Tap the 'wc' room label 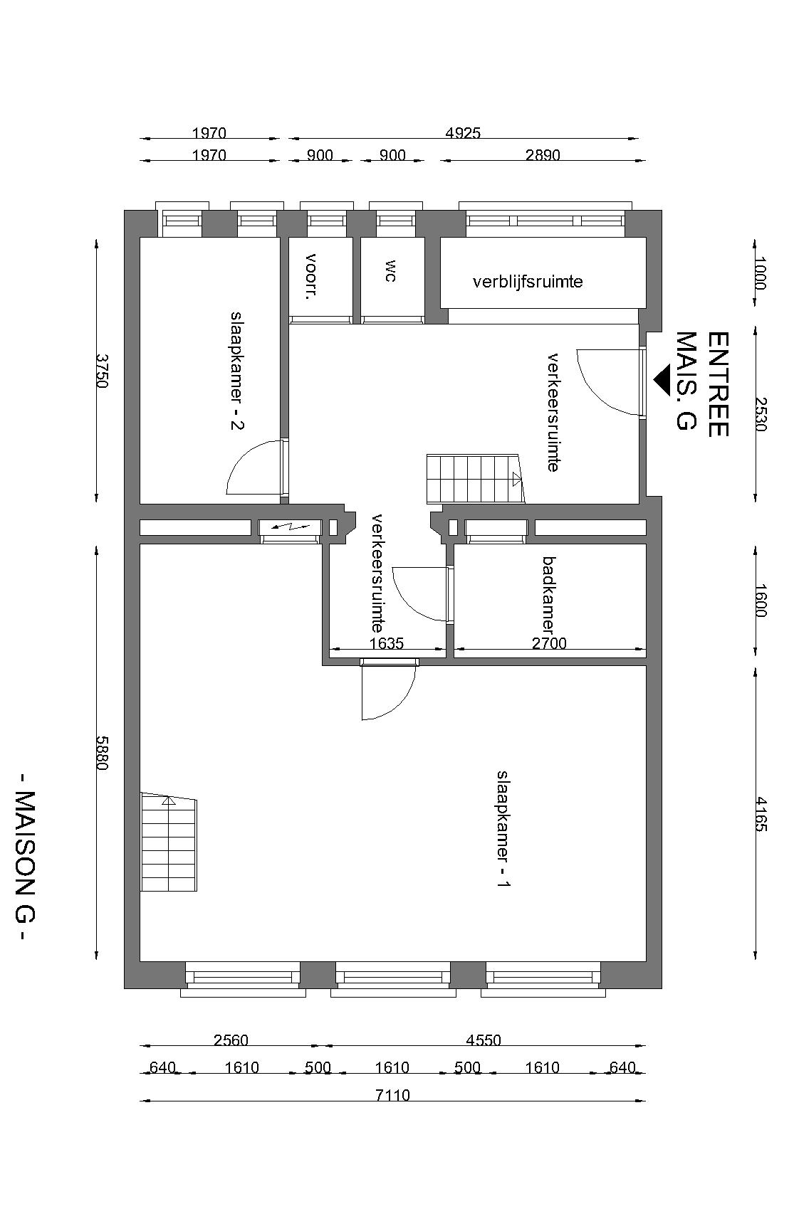click(x=390, y=270)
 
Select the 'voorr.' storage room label click(x=310, y=276)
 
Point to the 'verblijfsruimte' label click(x=528, y=282)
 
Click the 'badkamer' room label click(x=548, y=596)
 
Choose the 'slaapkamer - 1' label click(x=503, y=829)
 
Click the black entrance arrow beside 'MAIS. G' click(x=662, y=380)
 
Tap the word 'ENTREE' click(x=719, y=384)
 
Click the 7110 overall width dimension click(x=392, y=1095)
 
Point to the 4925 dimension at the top click(x=463, y=133)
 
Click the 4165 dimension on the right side click(x=761, y=814)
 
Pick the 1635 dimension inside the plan click(x=387, y=643)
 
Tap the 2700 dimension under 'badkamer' click(x=550, y=643)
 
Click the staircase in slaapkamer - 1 click(x=168, y=842)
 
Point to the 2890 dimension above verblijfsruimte click(x=543, y=155)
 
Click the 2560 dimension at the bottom click(x=231, y=1040)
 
